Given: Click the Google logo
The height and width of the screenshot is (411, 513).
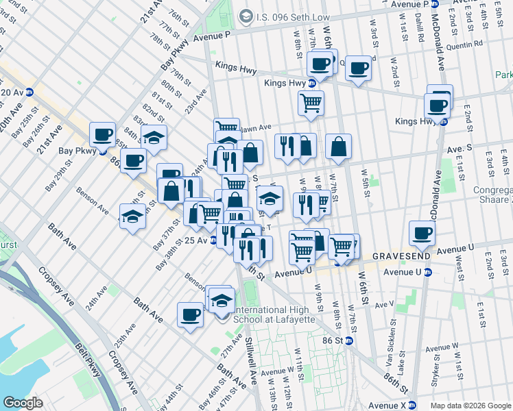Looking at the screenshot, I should pyautogui.click(x=23, y=403).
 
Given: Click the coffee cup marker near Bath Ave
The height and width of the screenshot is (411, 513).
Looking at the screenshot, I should pyautogui.click(x=190, y=315).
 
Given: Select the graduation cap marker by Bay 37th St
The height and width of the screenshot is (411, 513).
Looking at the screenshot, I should pyautogui.click(x=131, y=217).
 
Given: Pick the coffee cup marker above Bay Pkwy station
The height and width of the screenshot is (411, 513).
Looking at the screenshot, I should pyautogui.click(x=103, y=134).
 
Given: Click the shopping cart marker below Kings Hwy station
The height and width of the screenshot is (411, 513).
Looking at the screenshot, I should pyautogui.click(x=311, y=103).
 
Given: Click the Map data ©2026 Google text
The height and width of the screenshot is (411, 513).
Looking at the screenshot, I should pyautogui.click(x=470, y=405).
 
